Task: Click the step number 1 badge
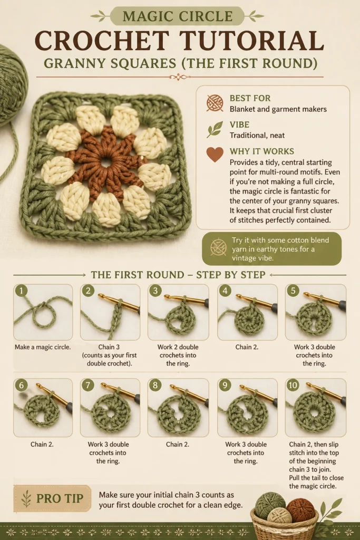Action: [21, 291]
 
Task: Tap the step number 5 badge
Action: [293, 291]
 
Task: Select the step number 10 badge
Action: [293, 384]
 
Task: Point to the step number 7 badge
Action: [88, 384]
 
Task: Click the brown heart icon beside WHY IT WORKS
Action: [215, 155]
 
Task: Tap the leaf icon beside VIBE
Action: [215, 130]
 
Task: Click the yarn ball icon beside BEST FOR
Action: [215, 103]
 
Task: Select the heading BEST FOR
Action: [250, 98]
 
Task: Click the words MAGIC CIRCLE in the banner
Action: [177, 16]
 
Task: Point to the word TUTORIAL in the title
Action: [251, 41]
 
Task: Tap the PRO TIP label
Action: [60, 498]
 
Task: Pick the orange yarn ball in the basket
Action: [300, 510]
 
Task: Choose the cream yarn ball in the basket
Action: [279, 517]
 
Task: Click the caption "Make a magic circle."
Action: [43, 347]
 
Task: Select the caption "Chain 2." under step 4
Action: [247, 347]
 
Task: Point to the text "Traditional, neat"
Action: [257, 136]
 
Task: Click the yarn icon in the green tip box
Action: [218, 247]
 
